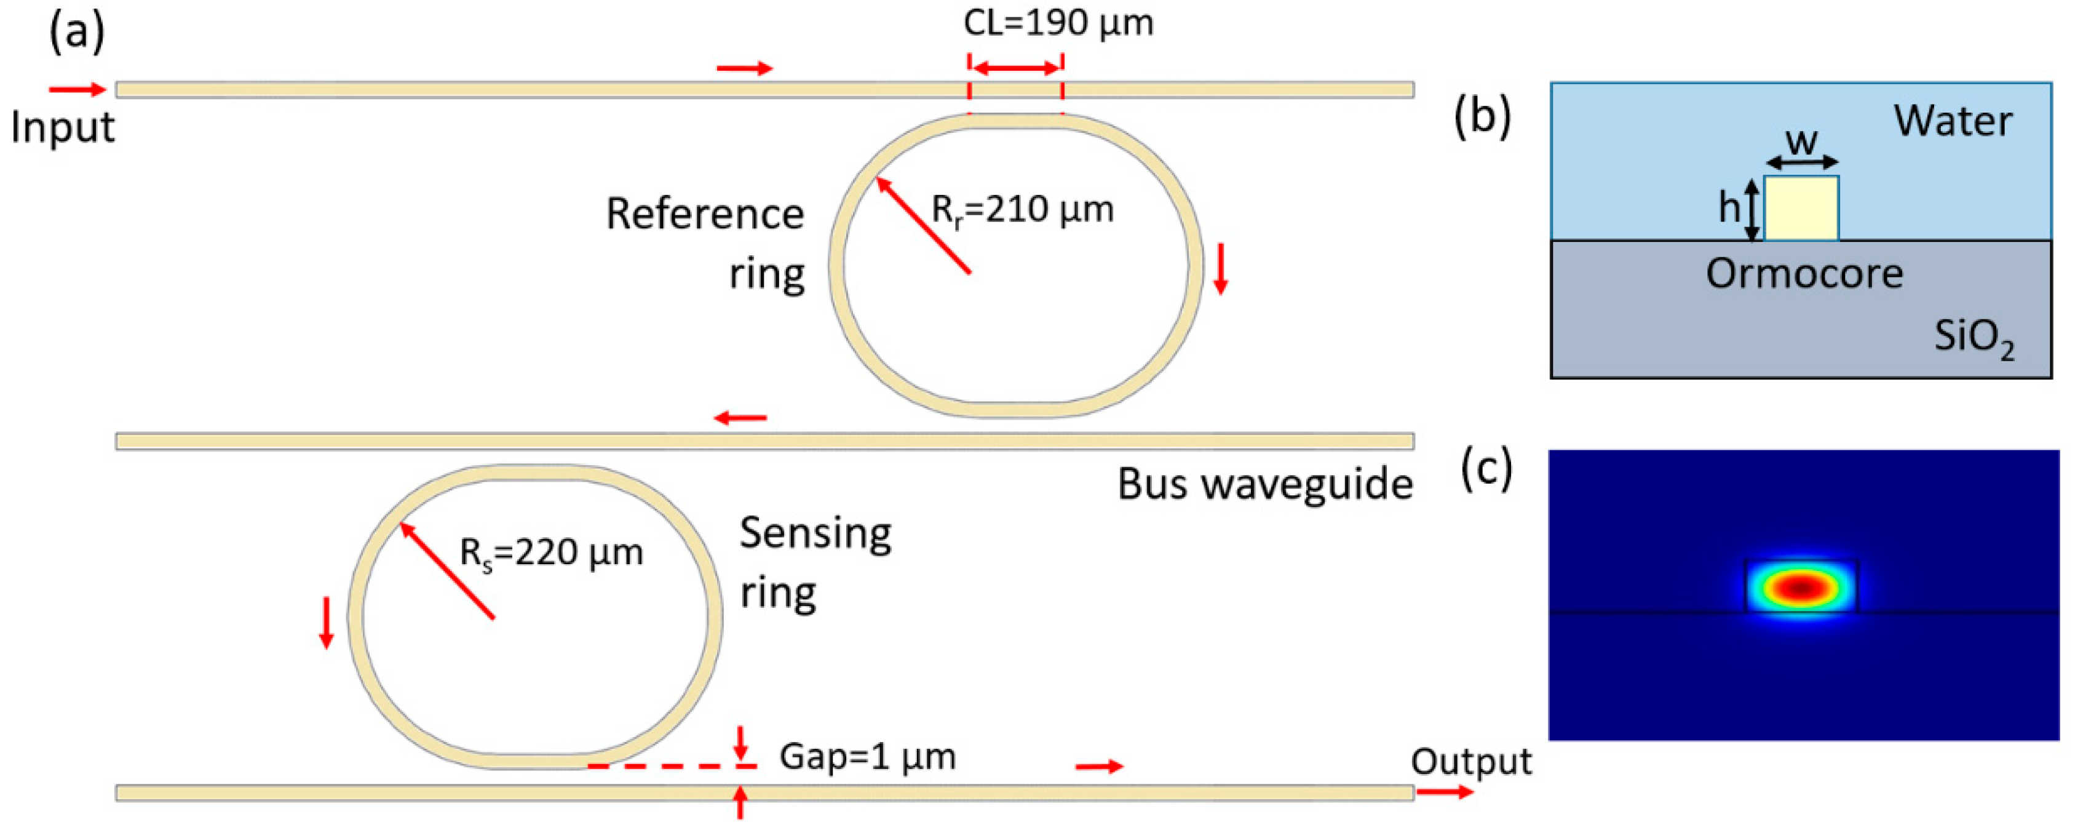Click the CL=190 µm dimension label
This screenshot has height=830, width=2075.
coord(1058,23)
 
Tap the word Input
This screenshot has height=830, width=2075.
coord(63,127)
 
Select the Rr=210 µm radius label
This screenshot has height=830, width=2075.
coord(1022,210)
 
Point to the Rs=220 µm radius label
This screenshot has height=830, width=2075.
coord(551,553)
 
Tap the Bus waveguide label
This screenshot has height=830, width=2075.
coord(1264,484)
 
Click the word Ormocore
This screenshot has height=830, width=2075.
coord(1804,274)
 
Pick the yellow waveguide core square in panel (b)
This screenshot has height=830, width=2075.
coord(1801,209)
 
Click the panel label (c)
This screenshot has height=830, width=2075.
coord(1487,468)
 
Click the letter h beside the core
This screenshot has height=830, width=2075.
coord(1729,208)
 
